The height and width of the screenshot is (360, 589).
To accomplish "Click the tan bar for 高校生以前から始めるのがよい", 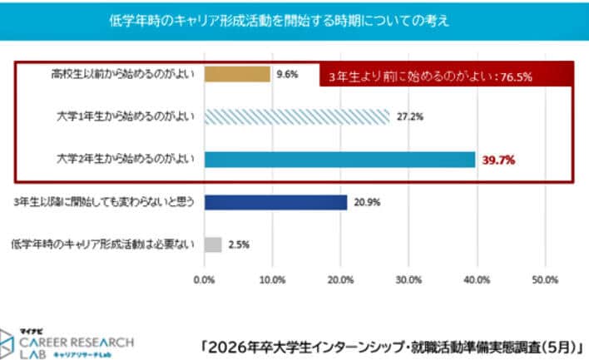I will point(237,74).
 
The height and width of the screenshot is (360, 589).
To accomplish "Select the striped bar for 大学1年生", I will point(296,116).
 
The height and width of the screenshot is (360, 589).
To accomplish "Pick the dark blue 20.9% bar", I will point(275,202).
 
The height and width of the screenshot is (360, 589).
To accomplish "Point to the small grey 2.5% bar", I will point(213,244).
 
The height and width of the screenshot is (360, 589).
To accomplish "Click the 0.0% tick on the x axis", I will point(204,280).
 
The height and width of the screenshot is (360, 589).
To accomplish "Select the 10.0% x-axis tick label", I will point(272,280).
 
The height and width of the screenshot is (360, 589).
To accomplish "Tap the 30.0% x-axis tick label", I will point(408,280).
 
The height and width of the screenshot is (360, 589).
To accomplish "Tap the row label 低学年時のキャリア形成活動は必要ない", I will point(104,244).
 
